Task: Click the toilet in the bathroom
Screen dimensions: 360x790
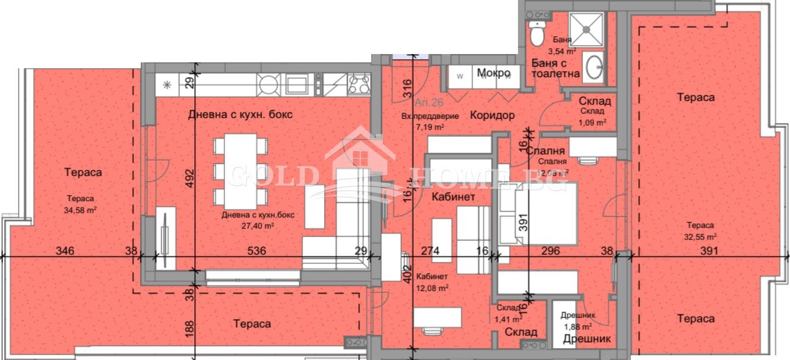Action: coord(536,34)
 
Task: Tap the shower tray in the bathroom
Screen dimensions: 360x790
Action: coord(586,29)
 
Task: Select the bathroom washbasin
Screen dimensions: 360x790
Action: coord(593,68)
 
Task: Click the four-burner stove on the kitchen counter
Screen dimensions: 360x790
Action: coord(359,84)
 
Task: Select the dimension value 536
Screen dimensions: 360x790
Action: coord(257,251)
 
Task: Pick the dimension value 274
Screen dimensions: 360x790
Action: coord(429,251)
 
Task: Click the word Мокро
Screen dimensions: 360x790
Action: coord(494,72)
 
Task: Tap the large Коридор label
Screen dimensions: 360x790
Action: coord(492,115)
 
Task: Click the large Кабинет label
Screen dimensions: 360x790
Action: coord(453,197)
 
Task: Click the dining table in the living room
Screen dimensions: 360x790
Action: coord(240,170)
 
